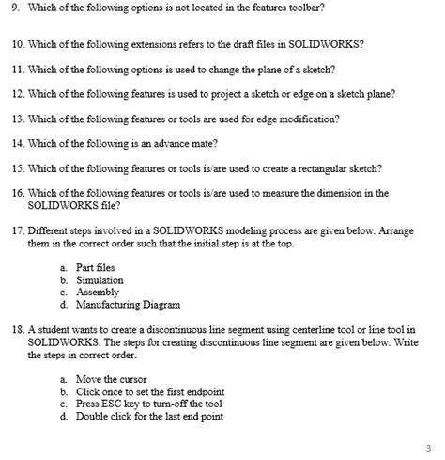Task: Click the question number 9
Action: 13,8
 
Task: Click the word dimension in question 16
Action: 342,193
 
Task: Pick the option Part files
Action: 96,268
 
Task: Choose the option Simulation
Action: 100,280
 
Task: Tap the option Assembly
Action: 98,293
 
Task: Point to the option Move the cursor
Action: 111,379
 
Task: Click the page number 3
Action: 427,447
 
